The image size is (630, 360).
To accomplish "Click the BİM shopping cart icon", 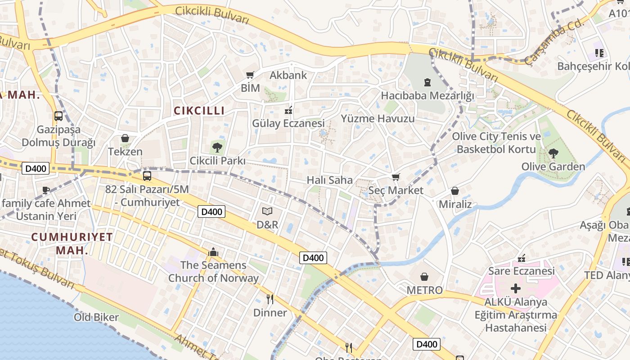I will tap(250, 75).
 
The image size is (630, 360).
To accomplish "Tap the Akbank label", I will tap(288, 75).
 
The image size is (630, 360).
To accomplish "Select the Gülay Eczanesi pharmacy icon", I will tap(288, 110).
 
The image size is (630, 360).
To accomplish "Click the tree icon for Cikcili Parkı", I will tap(217, 147).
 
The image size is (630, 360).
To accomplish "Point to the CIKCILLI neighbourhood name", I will tap(199, 111).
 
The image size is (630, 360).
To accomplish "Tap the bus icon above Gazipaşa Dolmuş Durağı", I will tap(58, 116).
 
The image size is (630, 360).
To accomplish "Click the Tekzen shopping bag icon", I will tap(125, 138).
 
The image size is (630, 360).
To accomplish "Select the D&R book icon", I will tap(267, 211).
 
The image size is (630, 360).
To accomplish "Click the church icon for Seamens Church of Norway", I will tap(213, 252).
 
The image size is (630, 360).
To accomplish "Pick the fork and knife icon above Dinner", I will tap(270, 299).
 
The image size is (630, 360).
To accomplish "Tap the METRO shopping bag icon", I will tap(424, 276).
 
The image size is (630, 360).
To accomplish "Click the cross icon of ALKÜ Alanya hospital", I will tap(516, 288).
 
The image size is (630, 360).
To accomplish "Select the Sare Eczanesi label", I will tap(522, 271).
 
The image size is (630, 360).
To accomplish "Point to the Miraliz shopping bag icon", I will tap(455, 191).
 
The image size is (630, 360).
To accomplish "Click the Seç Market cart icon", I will tap(396, 177).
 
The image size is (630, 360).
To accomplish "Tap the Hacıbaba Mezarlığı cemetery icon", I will tap(427, 82).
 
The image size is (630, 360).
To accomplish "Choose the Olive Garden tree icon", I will tap(553, 153).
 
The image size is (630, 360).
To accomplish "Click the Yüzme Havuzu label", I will tap(378, 119).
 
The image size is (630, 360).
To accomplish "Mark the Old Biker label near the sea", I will tap(96, 317).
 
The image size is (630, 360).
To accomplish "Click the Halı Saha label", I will tap(330, 180).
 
